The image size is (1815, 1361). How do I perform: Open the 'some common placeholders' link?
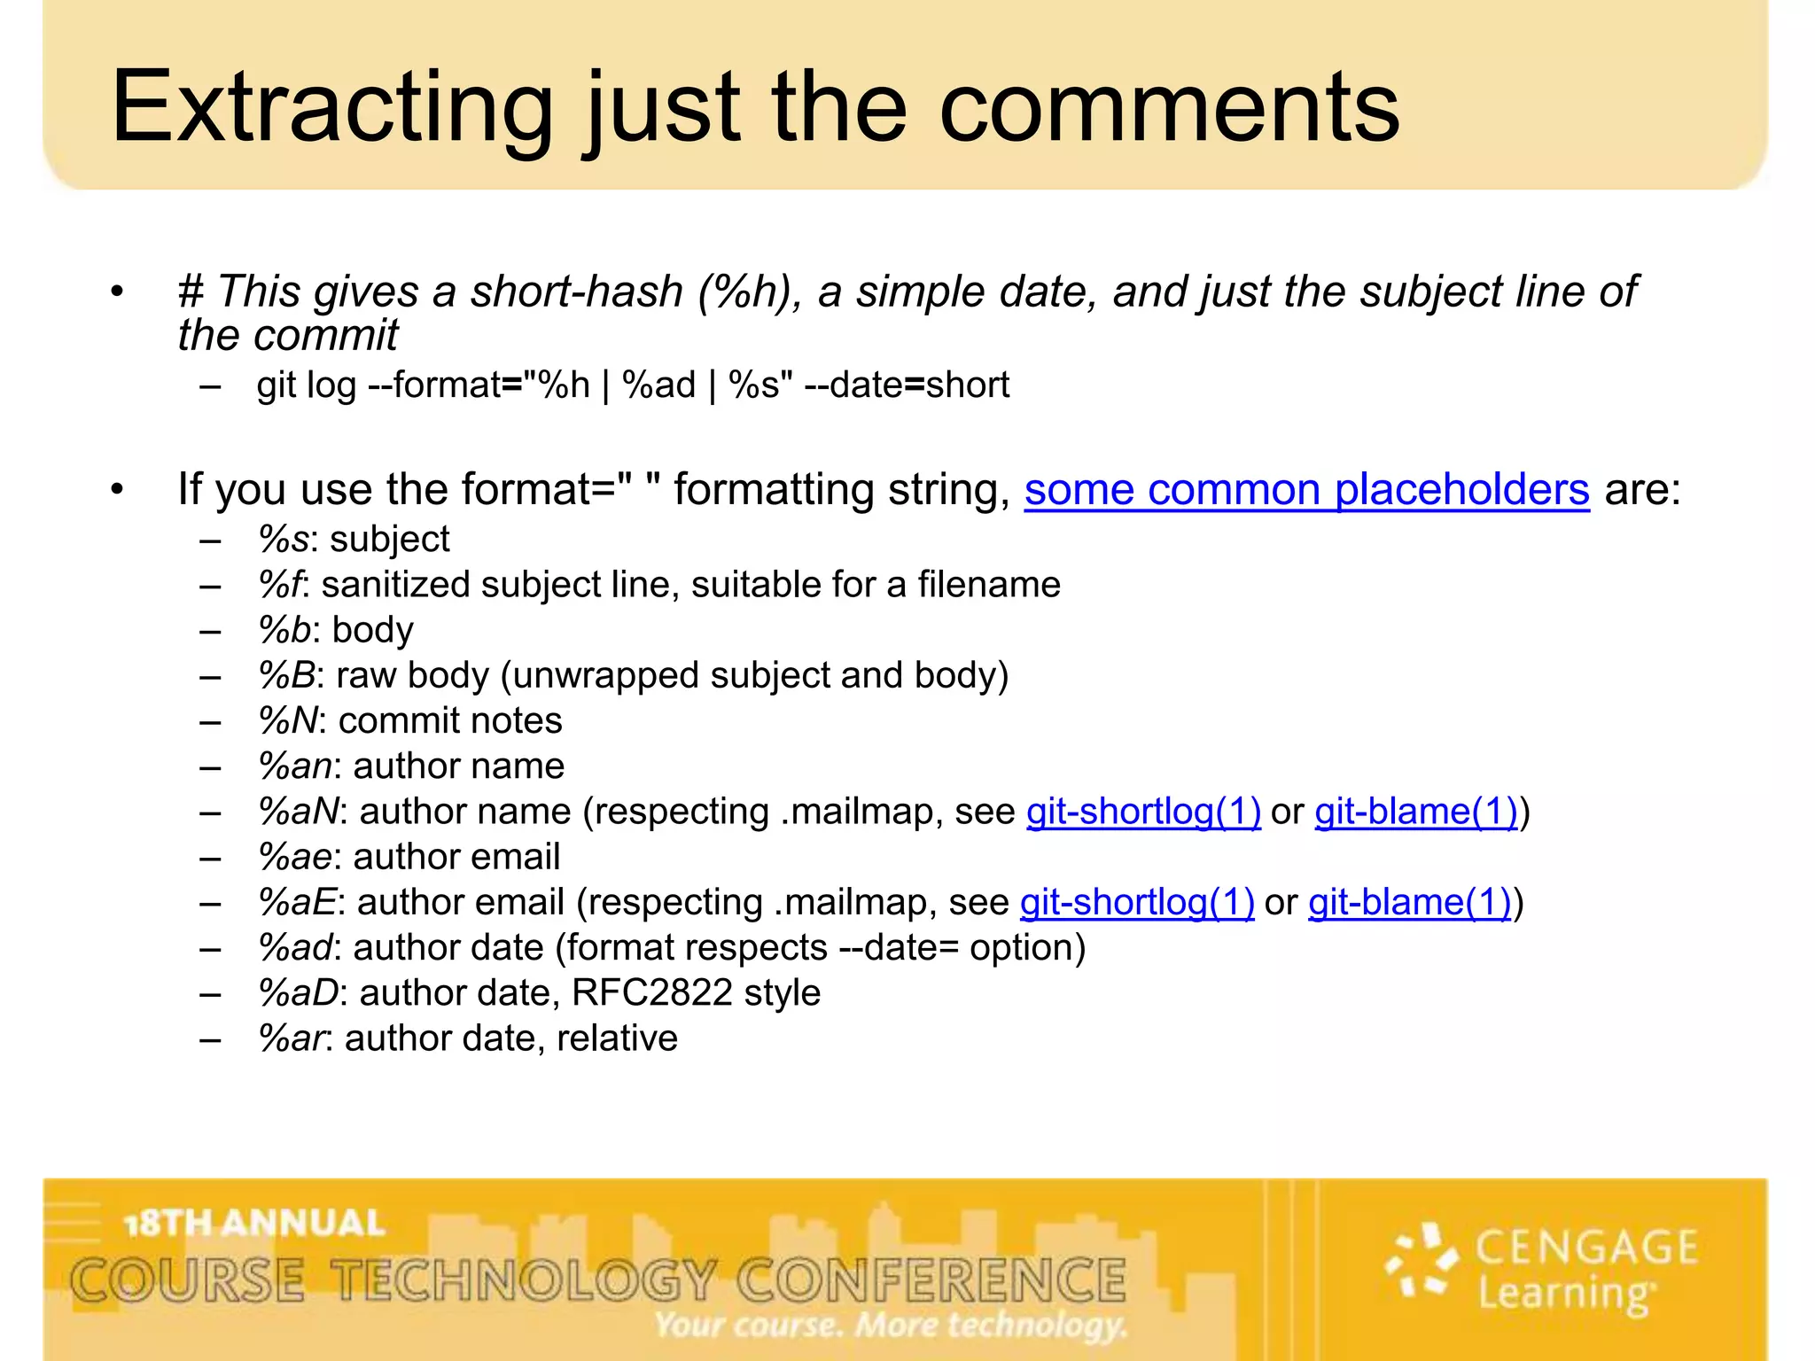tap(1306, 490)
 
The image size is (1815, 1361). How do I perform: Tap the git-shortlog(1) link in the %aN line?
tap(1143, 812)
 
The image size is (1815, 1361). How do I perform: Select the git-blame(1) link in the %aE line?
tap(1410, 902)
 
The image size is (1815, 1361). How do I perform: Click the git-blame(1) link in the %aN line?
tap(1416, 812)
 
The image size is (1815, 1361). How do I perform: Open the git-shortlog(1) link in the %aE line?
tap(1137, 902)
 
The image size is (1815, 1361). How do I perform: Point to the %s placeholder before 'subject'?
tap(283, 540)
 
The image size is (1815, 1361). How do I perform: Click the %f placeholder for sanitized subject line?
tap(279, 585)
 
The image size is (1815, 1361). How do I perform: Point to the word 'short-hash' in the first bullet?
tap(577, 292)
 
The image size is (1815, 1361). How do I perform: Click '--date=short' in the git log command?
tap(907, 385)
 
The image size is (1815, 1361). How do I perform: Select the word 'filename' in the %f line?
tap(988, 585)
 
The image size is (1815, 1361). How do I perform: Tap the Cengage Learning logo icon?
tap(1422, 1260)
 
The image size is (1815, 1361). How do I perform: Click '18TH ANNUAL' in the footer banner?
tap(255, 1224)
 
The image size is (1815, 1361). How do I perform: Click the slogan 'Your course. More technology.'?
tap(891, 1326)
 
